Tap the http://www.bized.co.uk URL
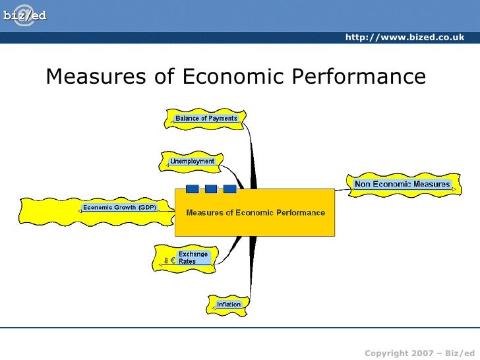coord(404,37)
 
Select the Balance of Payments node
coord(206,119)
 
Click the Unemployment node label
coord(192,161)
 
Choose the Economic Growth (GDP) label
coord(119,208)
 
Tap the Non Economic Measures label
coord(402,184)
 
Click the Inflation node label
coord(229,305)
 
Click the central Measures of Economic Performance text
coord(255,212)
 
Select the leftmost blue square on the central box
coord(193,189)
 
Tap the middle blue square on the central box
coord(211,189)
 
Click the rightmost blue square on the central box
coord(229,189)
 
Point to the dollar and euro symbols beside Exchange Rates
coord(169,260)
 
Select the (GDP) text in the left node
coord(147,208)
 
